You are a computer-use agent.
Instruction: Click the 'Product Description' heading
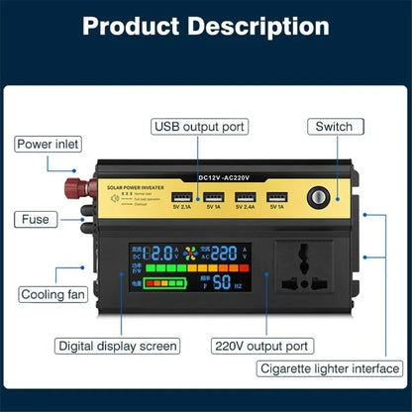click(x=206, y=27)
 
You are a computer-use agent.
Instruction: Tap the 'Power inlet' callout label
click(x=47, y=145)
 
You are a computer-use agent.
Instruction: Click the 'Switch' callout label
click(x=334, y=127)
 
